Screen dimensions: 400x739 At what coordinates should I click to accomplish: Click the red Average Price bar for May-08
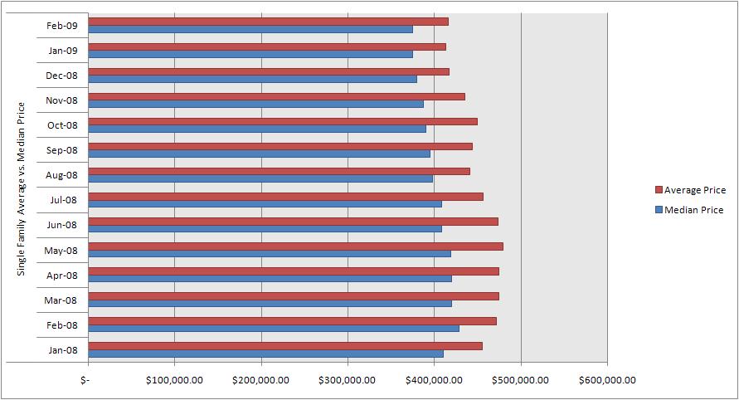click(295, 246)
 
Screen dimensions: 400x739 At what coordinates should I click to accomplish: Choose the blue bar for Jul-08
click(265, 203)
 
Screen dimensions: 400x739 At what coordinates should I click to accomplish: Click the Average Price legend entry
click(694, 190)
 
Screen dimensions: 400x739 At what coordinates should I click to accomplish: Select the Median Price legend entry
click(693, 210)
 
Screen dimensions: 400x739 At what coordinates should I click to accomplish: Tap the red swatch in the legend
click(659, 191)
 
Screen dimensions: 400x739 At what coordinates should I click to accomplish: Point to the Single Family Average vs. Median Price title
click(22, 188)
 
